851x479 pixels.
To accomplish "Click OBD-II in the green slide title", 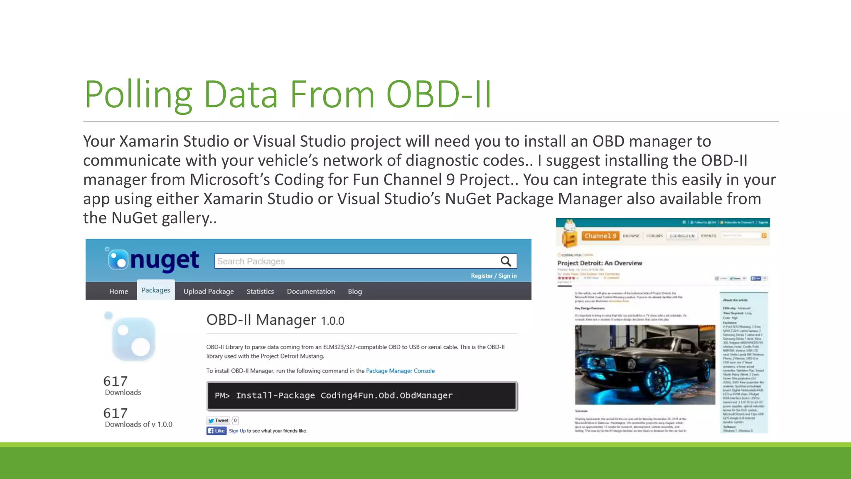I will pos(439,95).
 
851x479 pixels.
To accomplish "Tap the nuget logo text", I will pos(165,260).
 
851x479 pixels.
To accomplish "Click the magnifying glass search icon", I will pos(506,261).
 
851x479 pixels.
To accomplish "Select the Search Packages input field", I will pos(353,261).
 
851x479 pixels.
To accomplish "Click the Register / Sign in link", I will pos(494,276).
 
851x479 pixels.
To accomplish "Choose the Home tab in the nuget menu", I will pos(118,291).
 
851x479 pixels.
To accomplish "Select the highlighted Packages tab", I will pos(156,290).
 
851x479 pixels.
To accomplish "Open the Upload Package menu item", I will pos(209,291).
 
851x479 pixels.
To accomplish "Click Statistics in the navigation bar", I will pos(260,291).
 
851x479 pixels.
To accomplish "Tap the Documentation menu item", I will pos(311,291).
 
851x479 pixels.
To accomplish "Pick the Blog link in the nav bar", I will pos(355,291).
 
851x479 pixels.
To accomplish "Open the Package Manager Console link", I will pos(400,371).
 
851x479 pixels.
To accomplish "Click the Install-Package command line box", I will pos(362,396).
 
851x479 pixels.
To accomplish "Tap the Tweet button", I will pos(219,420).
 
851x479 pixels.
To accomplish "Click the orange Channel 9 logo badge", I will pos(600,236).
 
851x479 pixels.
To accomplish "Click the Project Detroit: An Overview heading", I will pos(600,263).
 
